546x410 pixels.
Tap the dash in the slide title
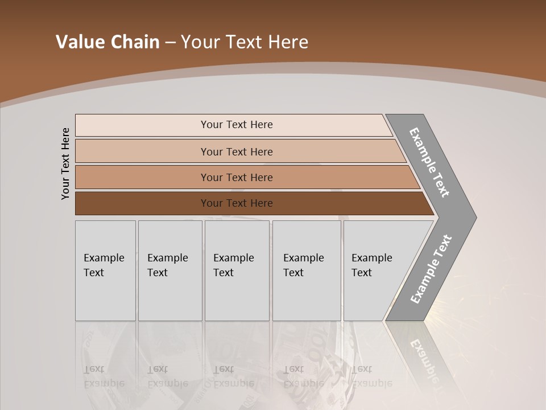tap(170, 43)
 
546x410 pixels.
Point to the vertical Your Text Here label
tap(65, 164)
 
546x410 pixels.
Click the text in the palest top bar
tap(237, 125)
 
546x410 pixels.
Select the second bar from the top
tap(237, 151)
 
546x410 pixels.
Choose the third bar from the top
tap(237, 177)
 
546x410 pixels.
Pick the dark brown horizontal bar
tap(237, 203)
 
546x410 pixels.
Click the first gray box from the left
tap(105, 270)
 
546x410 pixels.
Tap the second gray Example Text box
tap(170, 270)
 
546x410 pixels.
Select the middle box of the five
tap(237, 270)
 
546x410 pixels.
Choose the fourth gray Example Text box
tap(307, 270)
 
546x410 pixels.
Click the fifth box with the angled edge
tap(375, 270)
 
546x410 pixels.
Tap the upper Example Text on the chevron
tap(429, 162)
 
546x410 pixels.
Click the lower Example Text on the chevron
tap(431, 269)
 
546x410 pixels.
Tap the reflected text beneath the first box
tap(104, 376)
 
